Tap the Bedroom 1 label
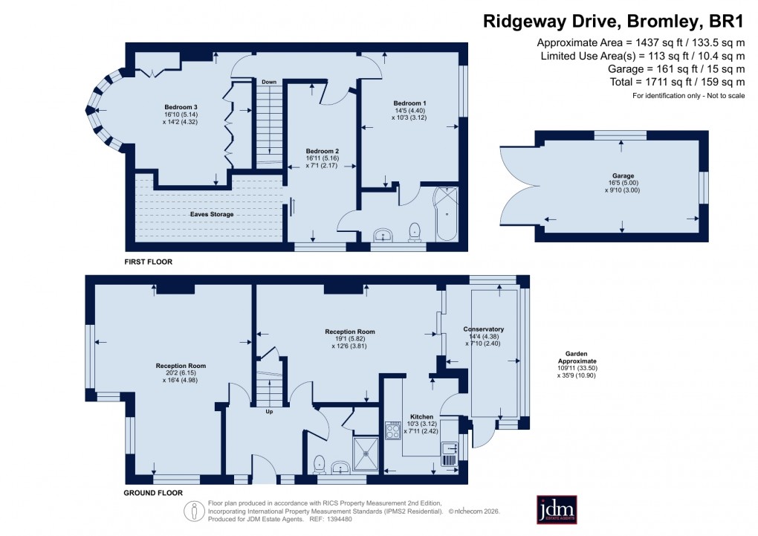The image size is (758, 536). coord(409,103)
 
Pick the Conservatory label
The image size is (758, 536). coord(484,329)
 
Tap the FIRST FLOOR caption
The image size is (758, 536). coord(149,262)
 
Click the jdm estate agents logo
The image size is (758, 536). coord(557,509)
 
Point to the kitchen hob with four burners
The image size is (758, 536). coord(393,431)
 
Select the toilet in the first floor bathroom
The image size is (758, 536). coord(415,233)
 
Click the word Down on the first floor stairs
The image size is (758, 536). coord(268,82)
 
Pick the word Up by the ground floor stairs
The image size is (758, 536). coord(269,410)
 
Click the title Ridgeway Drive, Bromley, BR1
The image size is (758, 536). coord(614,21)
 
